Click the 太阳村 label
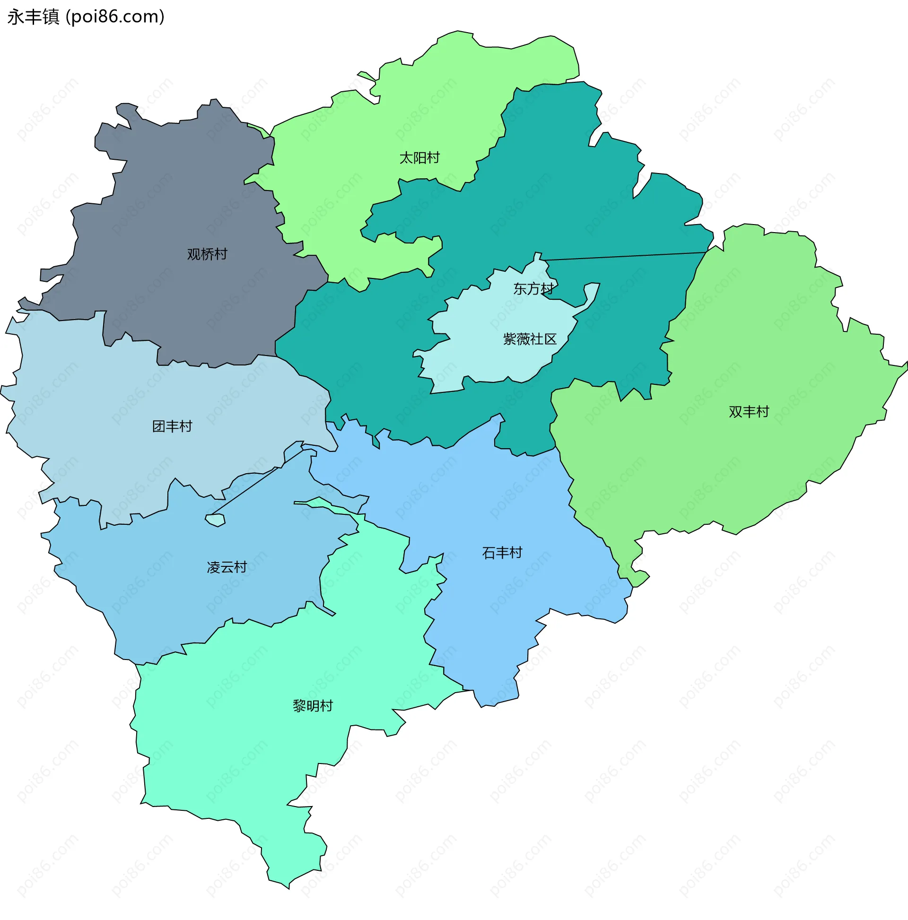click(419, 157)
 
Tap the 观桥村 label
click(207, 254)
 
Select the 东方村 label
click(533, 289)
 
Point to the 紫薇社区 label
click(530, 339)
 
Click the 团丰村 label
click(172, 426)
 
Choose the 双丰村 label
click(749, 412)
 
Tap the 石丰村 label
click(502, 553)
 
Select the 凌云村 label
click(227, 568)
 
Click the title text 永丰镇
click(34, 17)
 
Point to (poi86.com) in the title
click(115, 17)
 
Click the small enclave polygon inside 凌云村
click(215, 520)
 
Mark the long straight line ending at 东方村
click(624, 256)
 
